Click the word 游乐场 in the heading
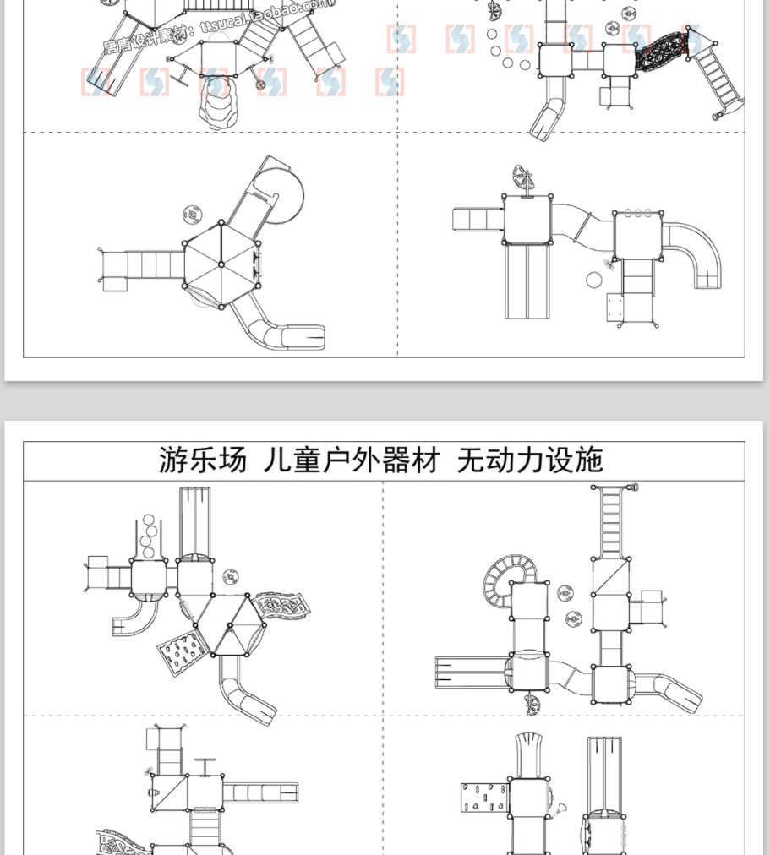[203, 460]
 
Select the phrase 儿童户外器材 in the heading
[352, 460]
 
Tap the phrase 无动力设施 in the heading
[530, 460]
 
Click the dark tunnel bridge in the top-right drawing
[662, 52]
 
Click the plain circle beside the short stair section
[594, 280]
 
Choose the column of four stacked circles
[149, 536]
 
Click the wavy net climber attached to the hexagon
[284, 603]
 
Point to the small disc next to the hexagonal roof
[194, 215]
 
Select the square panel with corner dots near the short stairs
[616, 307]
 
